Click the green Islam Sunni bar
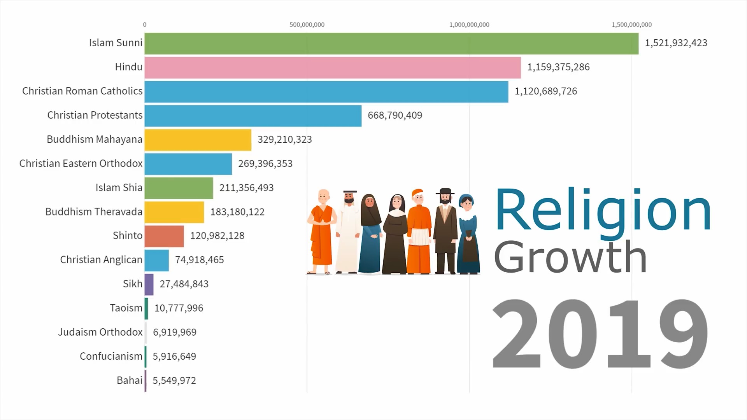tap(391, 43)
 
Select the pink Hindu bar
tap(332, 67)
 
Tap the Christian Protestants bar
tap(253, 115)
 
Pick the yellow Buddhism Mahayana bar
tap(198, 140)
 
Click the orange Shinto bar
tap(164, 236)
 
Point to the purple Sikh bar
tap(149, 284)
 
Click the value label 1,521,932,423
tap(676, 43)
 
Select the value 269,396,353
tap(265, 164)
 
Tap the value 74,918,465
tap(199, 260)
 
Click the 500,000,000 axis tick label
tap(307, 25)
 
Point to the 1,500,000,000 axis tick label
tap(631, 25)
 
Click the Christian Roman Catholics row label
tap(82, 91)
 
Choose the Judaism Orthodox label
tap(100, 332)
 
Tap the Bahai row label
tap(129, 380)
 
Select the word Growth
tap(570, 257)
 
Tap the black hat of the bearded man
tap(445, 191)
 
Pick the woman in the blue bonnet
tap(468, 233)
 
